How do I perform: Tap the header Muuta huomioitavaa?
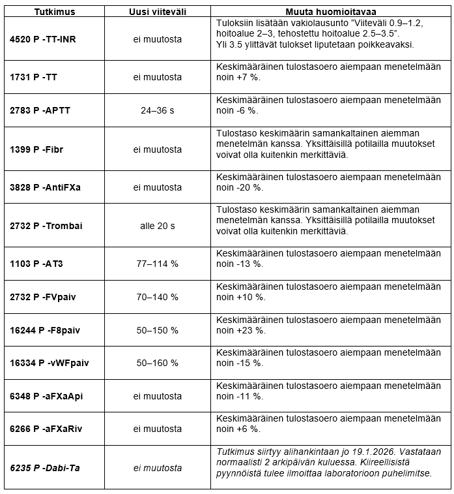point(330,12)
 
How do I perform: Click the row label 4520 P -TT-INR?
point(43,39)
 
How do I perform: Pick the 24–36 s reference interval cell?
point(158,110)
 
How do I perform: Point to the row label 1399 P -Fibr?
point(36,149)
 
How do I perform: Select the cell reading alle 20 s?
point(158,226)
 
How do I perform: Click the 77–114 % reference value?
point(158,264)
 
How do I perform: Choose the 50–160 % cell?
point(158,363)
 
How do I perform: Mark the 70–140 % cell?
point(158,297)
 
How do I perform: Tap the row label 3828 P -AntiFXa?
point(45,187)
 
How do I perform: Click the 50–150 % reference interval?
point(158,330)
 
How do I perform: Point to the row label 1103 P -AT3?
point(36,264)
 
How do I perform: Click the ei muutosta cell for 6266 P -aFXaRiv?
point(158,429)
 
